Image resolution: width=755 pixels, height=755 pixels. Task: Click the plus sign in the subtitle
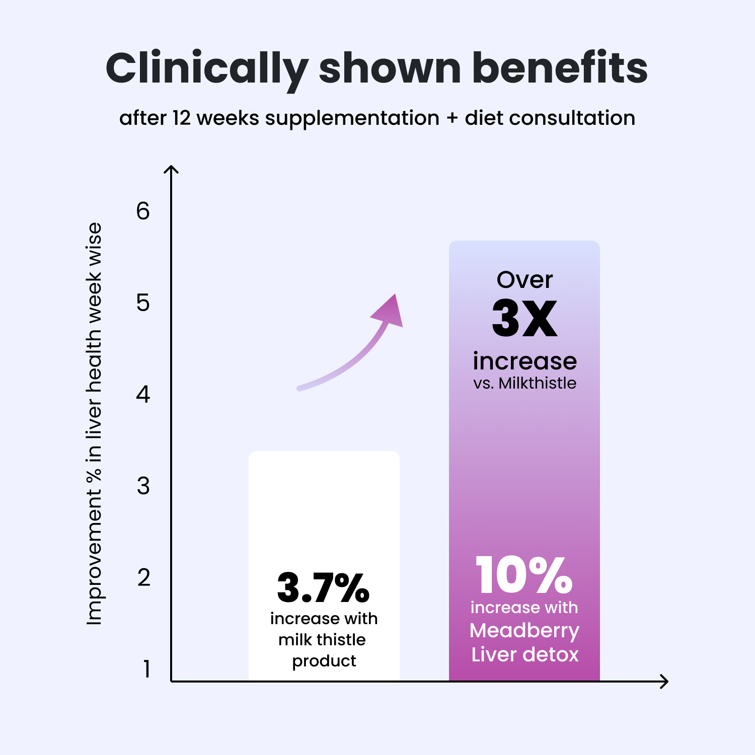pyautogui.click(x=452, y=118)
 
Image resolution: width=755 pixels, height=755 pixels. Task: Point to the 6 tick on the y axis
pyautogui.click(x=143, y=211)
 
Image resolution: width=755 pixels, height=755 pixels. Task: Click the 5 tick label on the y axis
pyautogui.click(x=143, y=303)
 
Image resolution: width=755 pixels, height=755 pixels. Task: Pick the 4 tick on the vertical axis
pyautogui.click(x=143, y=395)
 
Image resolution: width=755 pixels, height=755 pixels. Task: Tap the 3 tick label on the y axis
pyautogui.click(x=143, y=486)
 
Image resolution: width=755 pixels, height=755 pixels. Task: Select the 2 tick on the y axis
pyautogui.click(x=143, y=578)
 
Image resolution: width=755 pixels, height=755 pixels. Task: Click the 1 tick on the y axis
pyautogui.click(x=146, y=669)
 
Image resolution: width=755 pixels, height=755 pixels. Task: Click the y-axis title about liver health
pyautogui.click(x=95, y=424)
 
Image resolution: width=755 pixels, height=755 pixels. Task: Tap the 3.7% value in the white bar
pyautogui.click(x=323, y=587)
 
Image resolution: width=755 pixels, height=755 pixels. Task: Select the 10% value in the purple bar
pyautogui.click(x=524, y=575)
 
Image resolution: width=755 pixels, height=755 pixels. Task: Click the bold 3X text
pyautogui.click(x=524, y=318)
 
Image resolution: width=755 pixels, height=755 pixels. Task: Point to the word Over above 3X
pyautogui.click(x=524, y=280)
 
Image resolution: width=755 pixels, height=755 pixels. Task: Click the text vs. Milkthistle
pyautogui.click(x=524, y=384)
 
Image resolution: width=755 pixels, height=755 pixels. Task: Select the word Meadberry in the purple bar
pyautogui.click(x=524, y=631)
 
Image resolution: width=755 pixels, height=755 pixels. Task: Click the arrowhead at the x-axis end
pyautogui.click(x=665, y=682)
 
